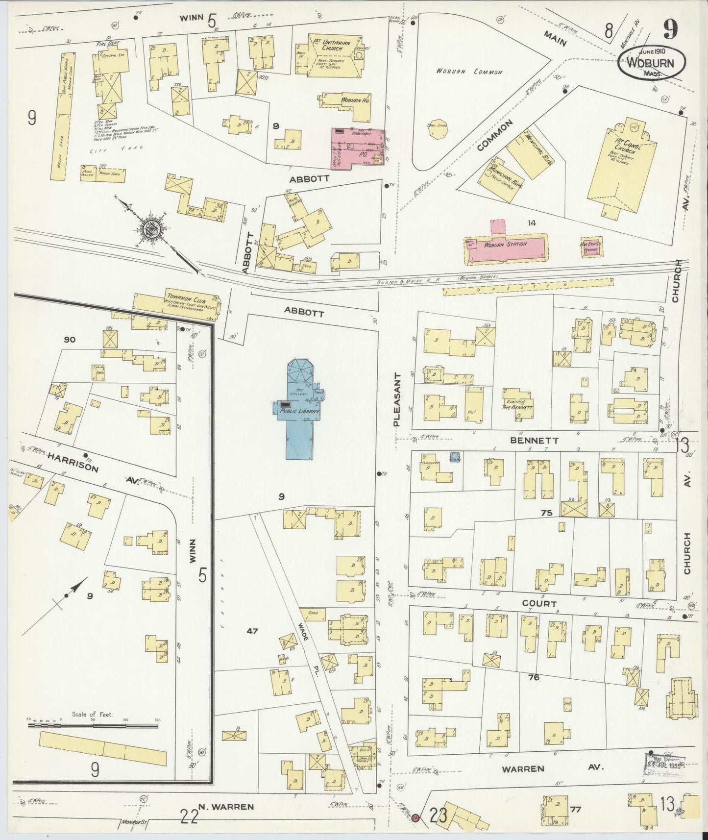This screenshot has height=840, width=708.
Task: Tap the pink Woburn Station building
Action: [x=505, y=245]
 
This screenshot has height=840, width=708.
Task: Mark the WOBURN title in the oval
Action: [x=650, y=63]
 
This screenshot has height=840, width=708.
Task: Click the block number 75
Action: [x=546, y=513]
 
